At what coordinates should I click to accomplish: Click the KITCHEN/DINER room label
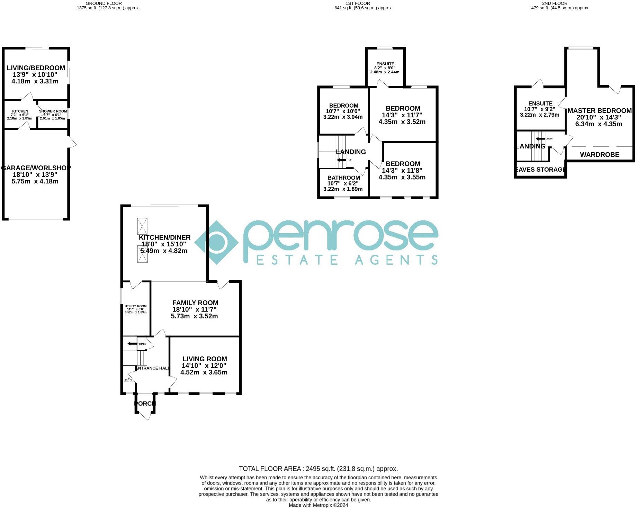(x=164, y=238)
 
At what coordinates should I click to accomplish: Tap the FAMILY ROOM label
(x=195, y=303)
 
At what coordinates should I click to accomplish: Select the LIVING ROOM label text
(x=205, y=359)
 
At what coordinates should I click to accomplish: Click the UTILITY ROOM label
(x=136, y=306)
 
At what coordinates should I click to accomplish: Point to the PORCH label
(x=145, y=404)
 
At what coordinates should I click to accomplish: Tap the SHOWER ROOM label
(x=53, y=111)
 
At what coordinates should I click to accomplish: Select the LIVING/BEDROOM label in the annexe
(x=36, y=68)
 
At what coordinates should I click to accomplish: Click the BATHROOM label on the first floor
(x=343, y=178)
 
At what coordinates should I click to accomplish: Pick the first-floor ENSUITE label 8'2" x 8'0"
(x=385, y=64)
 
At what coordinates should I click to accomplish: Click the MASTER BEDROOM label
(x=600, y=111)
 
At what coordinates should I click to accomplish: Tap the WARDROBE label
(x=600, y=155)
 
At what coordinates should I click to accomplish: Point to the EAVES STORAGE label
(x=540, y=170)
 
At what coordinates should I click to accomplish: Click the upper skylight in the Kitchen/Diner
(x=142, y=227)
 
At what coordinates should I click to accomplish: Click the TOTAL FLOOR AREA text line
(x=318, y=469)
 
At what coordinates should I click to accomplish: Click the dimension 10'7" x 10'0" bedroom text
(x=343, y=111)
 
